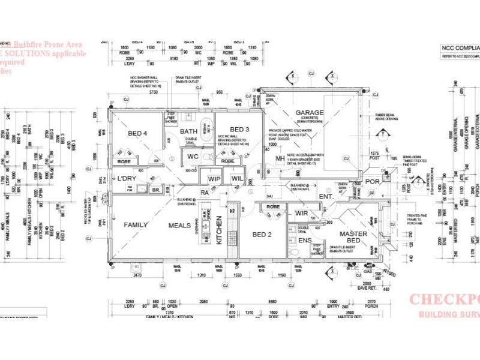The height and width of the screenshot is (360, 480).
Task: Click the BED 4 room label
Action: pyautogui.click(x=137, y=133)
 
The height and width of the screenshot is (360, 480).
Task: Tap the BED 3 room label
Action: pyautogui.click(x=239, y=129)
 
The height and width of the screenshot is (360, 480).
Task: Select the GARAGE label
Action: pyautogui.click(x=309, y=112)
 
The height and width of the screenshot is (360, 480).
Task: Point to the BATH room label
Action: pyautogui.click(x=189, y=131)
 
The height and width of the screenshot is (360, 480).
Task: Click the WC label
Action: pyautogui.click(x=193, y=157)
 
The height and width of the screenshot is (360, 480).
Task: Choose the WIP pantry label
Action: pyautogui.click(x=214, y=179)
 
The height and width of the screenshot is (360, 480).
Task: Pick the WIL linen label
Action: pyautogui.click(x=236, y=179)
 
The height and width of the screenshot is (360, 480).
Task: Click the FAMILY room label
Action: pyautogui.click(x=136, y=225)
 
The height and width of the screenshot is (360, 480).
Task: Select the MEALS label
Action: pyautogui.click(x=179, y=225)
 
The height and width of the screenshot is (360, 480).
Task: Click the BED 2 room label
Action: pyautogui.click(x=262, y=234)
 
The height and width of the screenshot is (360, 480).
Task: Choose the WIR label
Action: pyautogui.click(x=301, y=214)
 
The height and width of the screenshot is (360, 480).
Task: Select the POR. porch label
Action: pyautogui.click(x=373, y=181)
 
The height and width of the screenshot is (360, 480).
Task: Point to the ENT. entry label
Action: pyautogui.click(x=326, y=196)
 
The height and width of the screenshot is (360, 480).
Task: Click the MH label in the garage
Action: pyautogui.click(x=280, y=158)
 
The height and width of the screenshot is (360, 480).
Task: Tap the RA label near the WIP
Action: pyautogui.click(x=205, y=193)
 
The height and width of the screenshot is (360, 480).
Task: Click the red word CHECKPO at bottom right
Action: pyautogui.click(x=444, y=300)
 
